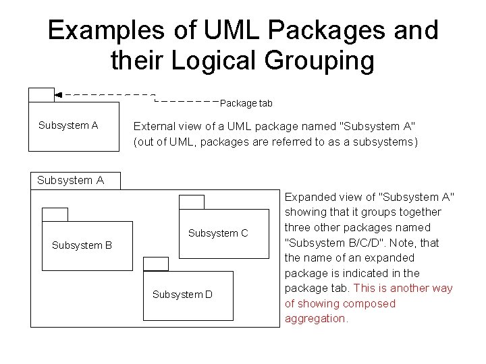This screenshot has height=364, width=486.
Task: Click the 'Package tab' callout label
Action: coord(246,103)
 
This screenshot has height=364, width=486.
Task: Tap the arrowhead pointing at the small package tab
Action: coord(58,95)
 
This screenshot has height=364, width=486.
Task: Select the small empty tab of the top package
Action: coord(41,95)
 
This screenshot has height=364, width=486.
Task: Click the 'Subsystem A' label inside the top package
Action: coord(68,125)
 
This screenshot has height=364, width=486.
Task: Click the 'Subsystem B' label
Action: coord(82,245)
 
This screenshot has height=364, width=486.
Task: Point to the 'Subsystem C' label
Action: coord(218,233)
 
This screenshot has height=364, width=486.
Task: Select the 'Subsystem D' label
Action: coord(182,295)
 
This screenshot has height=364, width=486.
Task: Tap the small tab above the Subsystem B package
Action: coord(55,215)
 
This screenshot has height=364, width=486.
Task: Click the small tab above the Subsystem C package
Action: coord(191,202)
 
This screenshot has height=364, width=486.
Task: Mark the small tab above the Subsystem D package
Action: coord(157,264)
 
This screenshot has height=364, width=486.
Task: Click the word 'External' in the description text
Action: coord(154,126)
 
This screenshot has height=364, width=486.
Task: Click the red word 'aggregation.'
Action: coord(316,318)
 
